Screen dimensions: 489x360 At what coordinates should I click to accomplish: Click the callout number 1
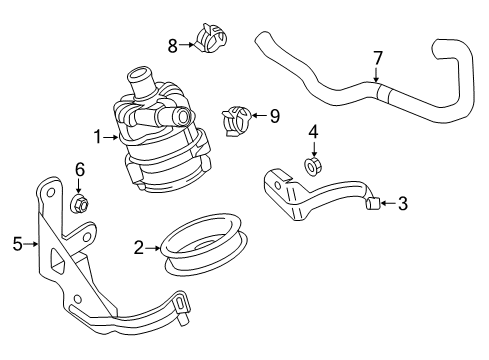(98, 137)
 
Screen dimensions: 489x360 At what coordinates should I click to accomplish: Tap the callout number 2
(139, 248)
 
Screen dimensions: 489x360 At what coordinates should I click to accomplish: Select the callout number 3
(403, 203)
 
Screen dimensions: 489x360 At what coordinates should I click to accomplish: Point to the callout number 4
(313, 132)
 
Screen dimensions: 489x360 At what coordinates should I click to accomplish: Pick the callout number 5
(18, 244)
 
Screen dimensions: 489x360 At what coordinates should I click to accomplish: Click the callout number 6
(80, 169)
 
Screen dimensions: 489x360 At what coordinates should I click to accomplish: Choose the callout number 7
(377, 58)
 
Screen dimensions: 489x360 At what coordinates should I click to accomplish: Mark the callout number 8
(172, 46)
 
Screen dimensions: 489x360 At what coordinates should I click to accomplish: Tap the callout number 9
(275, 116)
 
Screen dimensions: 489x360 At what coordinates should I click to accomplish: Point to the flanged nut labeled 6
(79, 203)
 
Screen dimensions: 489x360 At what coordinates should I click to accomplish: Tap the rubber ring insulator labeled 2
(204, 246)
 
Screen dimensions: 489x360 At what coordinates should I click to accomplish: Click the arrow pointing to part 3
(388, 203)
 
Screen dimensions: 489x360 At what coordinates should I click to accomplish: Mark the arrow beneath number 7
(376, 75)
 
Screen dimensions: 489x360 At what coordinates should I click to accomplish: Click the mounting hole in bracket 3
(278, 185)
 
